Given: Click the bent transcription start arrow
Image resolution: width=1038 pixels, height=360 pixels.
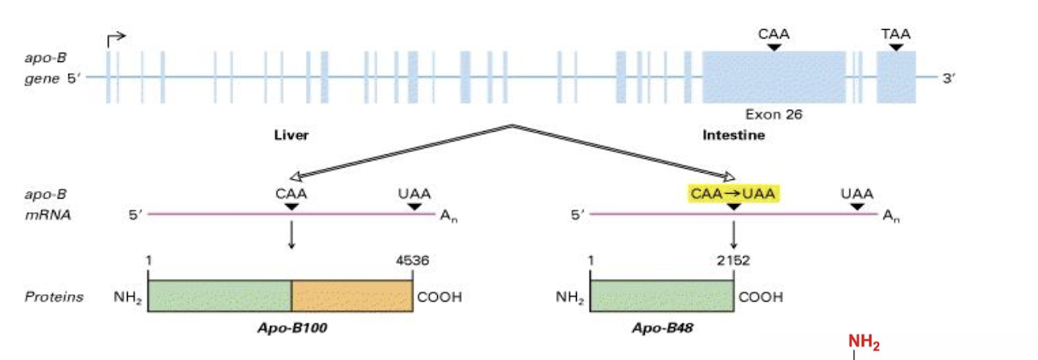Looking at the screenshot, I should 116,38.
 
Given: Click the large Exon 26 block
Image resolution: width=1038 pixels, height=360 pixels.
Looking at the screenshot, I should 774,77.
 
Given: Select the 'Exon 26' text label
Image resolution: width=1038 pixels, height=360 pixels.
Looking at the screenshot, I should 774,115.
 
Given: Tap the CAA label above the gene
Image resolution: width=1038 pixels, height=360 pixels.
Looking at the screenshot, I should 774,34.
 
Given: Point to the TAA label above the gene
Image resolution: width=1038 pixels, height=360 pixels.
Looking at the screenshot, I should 896,34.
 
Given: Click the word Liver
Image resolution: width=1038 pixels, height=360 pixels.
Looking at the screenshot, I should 291,136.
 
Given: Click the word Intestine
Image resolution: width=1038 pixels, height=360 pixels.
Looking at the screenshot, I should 734,136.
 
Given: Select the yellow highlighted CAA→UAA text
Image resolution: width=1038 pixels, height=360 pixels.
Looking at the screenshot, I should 734,194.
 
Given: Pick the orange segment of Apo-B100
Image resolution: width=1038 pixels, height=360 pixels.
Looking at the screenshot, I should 352,297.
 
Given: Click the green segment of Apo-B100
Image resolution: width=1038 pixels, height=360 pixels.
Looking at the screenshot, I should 219,297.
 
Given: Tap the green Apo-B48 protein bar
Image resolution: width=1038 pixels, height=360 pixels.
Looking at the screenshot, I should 661,297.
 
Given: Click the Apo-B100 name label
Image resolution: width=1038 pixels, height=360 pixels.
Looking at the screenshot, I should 280,328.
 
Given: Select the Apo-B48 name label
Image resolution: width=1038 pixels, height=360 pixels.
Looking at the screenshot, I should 661,328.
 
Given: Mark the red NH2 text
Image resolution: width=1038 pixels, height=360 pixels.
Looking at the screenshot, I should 864,345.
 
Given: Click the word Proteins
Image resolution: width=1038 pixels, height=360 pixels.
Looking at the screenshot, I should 53,297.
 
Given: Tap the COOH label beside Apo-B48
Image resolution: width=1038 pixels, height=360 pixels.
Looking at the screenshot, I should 760,297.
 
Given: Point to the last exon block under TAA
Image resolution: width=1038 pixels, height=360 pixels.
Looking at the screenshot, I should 896,77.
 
